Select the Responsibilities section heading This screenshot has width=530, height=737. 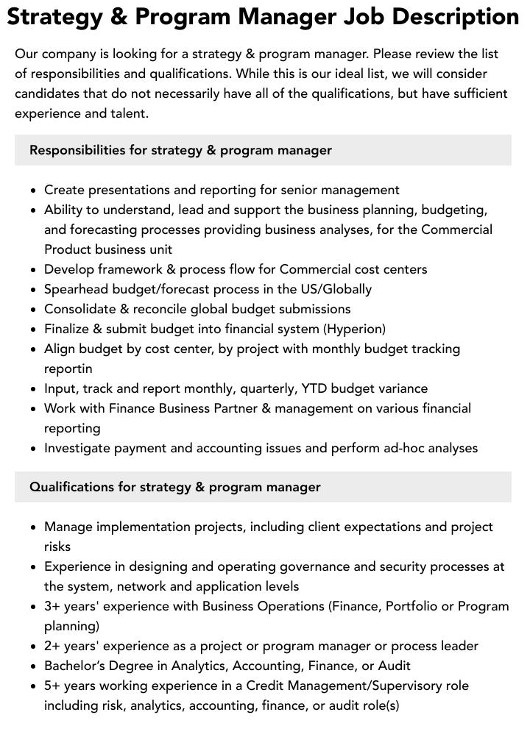[180, 150]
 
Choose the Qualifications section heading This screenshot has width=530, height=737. [175, 487]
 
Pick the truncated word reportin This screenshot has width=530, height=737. [68, 368]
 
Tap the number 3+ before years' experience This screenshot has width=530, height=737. [53, 606]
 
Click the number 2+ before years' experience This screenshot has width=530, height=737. [53, 646]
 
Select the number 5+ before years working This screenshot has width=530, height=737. [53, 686]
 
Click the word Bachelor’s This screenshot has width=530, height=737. [77, 666]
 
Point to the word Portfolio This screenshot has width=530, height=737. [409, 606]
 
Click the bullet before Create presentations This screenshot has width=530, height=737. [34, 191]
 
